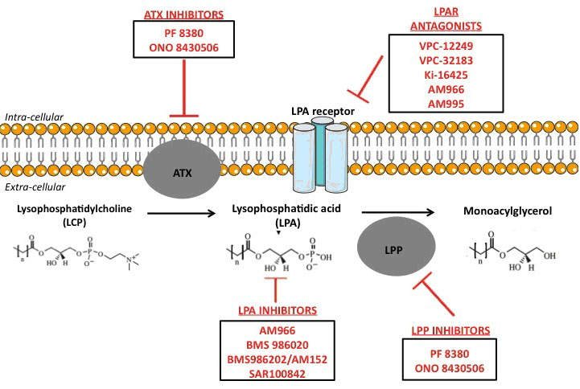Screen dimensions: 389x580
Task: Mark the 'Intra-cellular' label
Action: (35, 117)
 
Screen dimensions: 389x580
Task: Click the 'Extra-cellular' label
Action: (35, 186)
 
